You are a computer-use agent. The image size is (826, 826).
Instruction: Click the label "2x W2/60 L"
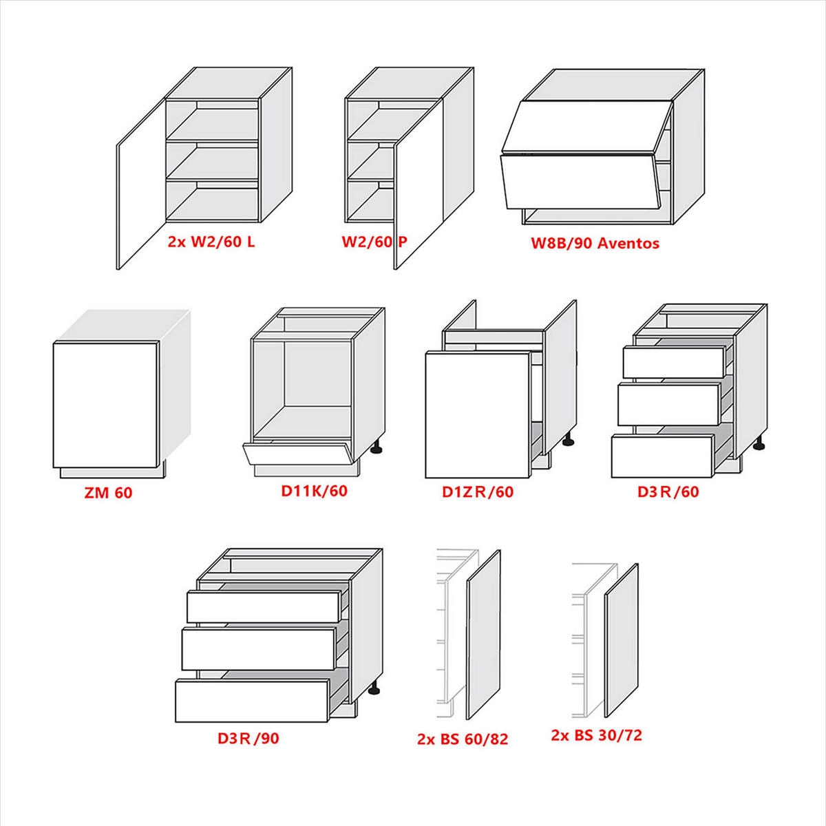tap(211, 242)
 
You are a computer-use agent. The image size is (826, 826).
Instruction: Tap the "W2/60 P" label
tap(374, 242)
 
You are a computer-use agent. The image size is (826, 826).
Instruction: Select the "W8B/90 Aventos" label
tap(595, 243)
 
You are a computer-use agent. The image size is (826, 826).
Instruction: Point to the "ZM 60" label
tap(108, 493)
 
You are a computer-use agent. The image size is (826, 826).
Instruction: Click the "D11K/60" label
tap(314, 491)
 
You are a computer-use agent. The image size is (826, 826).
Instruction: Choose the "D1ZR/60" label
tap(478, 491)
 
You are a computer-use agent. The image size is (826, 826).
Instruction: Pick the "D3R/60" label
tap(668, 491)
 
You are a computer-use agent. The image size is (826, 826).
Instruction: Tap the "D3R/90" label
tap(248, 738)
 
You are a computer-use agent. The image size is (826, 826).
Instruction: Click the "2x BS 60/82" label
tap(463, 739)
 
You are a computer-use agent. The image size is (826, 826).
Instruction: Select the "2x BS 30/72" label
tap(597, 735)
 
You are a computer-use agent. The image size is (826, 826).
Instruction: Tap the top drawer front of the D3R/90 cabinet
tap(263, 606)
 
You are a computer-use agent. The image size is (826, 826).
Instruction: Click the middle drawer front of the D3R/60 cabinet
tap(668, 405)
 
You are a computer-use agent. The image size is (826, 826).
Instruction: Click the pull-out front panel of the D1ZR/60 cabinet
tap(478, 414)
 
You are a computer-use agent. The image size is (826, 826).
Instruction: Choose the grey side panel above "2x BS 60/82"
tap(483, 635)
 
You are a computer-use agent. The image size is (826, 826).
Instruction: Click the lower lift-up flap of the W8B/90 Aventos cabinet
tap(579, 181)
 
